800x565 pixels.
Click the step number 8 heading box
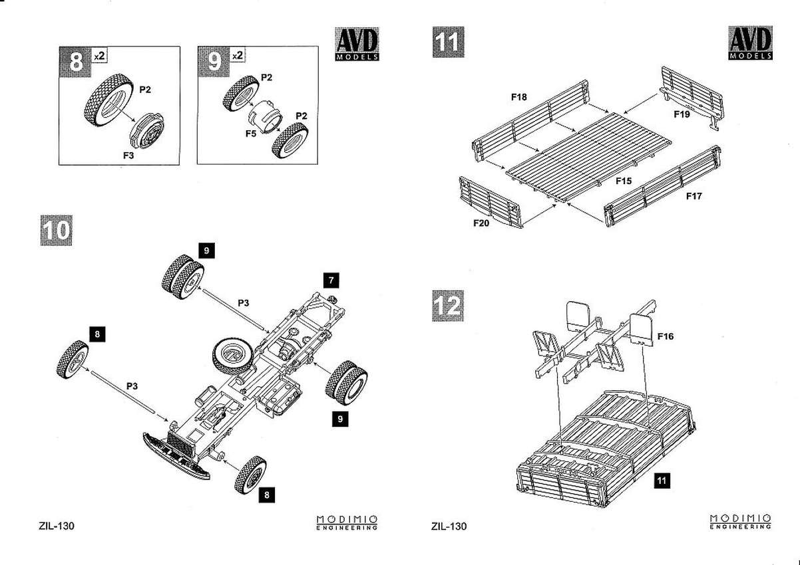click(x=77, y=63)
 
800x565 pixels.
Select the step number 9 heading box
click(x=214, y=62)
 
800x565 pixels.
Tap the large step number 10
click(x=56, y=229)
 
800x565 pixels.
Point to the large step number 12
click(x=447, y=304)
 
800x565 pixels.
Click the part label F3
click(x=129, y=154)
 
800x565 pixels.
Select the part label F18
click(x=519, y=97)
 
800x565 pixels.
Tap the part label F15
click(x=623, y=180)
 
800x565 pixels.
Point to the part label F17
click(x=694, y=197)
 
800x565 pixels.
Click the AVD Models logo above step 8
click(x=357, y=45)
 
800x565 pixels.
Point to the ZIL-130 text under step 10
click(x=57, y=526)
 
